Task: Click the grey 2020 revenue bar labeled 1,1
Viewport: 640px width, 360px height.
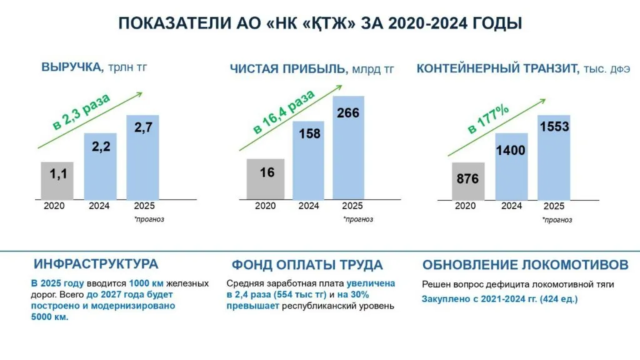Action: pyautogui.click(x=57, y=181)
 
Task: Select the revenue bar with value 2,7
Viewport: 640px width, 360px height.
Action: pyautogui.click(x=142, y=157)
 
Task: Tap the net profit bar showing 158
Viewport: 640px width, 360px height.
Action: pyautogui.click(x=308, y=161)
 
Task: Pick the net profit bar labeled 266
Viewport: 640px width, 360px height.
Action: pyautogui.click(x=349, y=147)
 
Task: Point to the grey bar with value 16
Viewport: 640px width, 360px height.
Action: pyautogui.click(x=265, y=179)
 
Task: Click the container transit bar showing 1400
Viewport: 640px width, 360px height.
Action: pyautogui.click(x=511, y=166)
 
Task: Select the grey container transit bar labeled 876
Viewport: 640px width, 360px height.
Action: pyautogui.click(x=468, y=181)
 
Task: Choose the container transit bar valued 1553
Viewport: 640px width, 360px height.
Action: pyautogui.click(x=554, y=157)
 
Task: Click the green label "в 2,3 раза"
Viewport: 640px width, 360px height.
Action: pyautogui.click(x=82, y=111)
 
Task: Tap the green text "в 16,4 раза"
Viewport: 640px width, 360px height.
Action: pyautogui.click(x=284, y=112)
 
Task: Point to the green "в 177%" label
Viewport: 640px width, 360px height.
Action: pyautogui.click(x=488, y=119)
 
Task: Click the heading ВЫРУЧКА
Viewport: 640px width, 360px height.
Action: pyautogui.click(x=72, y=67)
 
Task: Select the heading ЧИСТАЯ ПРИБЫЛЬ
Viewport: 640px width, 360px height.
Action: pyautogui.click(x=288, y=69)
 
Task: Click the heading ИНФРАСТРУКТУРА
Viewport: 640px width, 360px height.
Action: pyautogui.click(x=96, y=264)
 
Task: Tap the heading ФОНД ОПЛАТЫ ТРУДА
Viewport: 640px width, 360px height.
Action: pyautogui.click(x=307, y=265)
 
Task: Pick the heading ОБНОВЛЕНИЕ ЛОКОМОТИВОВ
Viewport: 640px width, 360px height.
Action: pyautogui.click(x=525, y=265)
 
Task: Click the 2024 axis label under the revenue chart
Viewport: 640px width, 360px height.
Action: pyautogui.click(x=99, y=206)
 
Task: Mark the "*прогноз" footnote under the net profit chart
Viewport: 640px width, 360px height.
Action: pyautogui.click(x=358, y=219)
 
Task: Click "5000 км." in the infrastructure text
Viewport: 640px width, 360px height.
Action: pyautogui.click(x=50, y=317)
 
